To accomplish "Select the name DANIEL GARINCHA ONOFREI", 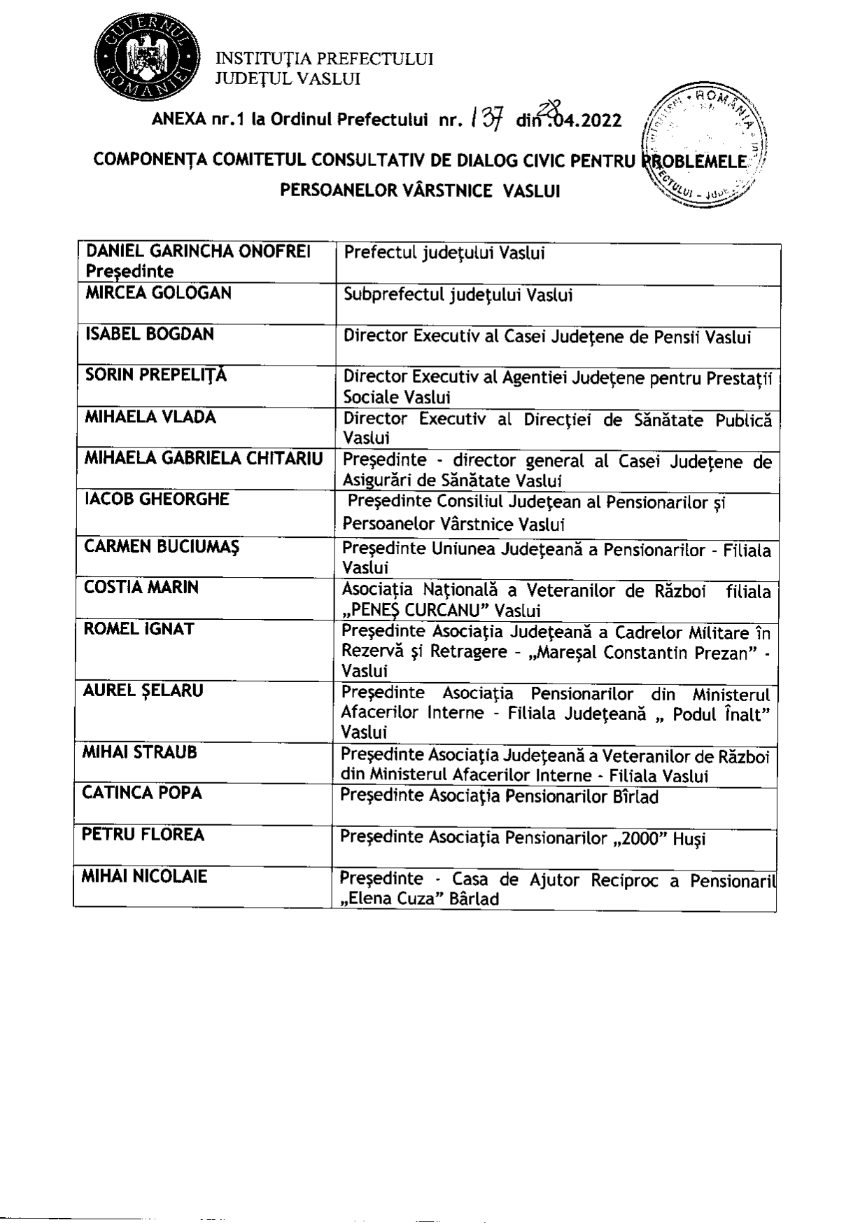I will pos(198,251).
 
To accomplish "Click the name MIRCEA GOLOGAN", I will pos(158,293).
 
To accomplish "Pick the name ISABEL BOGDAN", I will pos(149,334).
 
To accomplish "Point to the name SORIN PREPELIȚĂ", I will pos(156,375).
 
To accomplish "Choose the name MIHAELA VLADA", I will pos(150,417).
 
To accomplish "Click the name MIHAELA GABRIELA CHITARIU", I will pos(204,459).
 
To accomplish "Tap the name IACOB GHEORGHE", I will pos(157,499).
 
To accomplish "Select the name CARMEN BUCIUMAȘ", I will pos(162,546).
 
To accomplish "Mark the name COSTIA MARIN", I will pos(141,587).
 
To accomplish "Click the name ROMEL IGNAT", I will pos(139,629).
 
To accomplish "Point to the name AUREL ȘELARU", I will pos(143,691).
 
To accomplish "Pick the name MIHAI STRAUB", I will pos(139,752).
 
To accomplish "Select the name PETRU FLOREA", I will pos(143,835).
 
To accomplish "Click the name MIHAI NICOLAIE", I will pos(144,876).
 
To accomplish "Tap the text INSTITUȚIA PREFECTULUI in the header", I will pos(324,59).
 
